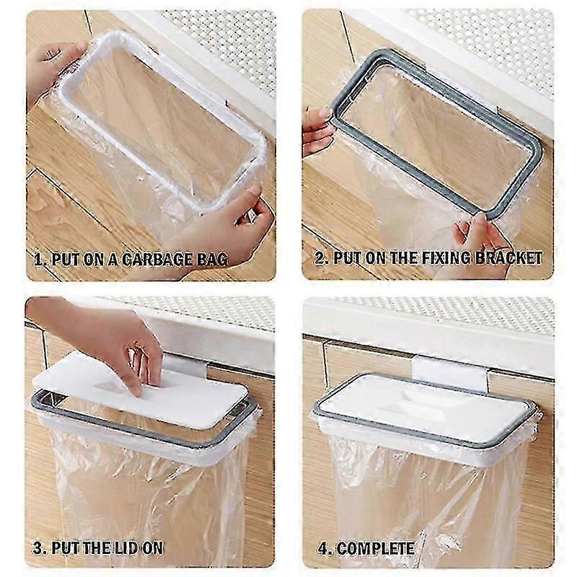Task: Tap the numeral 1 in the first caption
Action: pos(38,260)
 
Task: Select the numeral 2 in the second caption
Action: pos(320,258)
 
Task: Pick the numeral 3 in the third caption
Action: pos(38,548)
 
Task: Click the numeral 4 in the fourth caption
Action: pos(322,549)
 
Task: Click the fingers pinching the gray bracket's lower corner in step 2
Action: pos(478,239)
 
